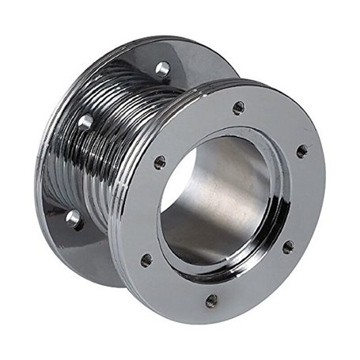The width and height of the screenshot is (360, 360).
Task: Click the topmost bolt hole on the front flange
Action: point(238,108)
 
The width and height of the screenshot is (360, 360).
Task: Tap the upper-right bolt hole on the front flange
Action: point(301,150)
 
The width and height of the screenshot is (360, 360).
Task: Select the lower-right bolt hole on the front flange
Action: point(288,247)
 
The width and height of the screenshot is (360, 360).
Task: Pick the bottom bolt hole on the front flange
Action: point(211,301)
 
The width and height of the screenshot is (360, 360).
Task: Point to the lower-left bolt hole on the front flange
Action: point(146,260)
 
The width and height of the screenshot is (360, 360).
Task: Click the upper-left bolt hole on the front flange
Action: point(160,162)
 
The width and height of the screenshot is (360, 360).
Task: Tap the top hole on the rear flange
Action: point(162,69)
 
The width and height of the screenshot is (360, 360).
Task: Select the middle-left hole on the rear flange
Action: point(85,123)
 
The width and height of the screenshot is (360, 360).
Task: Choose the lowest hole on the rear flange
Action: point(74,218)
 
